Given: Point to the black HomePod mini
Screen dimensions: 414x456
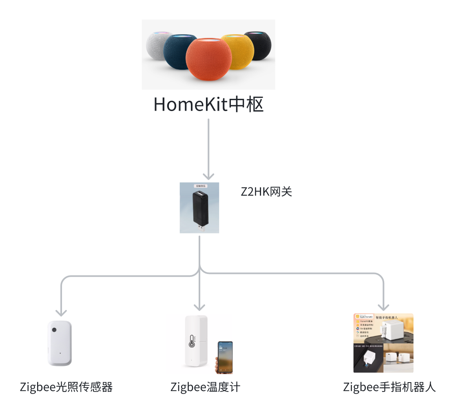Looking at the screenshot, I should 258,45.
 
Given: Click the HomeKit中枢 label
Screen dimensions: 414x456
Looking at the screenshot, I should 208,105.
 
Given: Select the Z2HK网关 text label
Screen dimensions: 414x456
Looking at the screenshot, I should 266,191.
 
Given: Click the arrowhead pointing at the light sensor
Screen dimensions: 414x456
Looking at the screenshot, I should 61,312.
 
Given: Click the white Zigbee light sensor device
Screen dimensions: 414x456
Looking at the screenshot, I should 60,343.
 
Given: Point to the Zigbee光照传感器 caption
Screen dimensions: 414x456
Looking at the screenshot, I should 66,387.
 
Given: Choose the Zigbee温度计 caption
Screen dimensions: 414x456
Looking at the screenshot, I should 205,387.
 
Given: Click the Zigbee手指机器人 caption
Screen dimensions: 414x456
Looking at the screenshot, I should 389,387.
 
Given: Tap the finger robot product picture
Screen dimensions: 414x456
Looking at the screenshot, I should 383,343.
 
